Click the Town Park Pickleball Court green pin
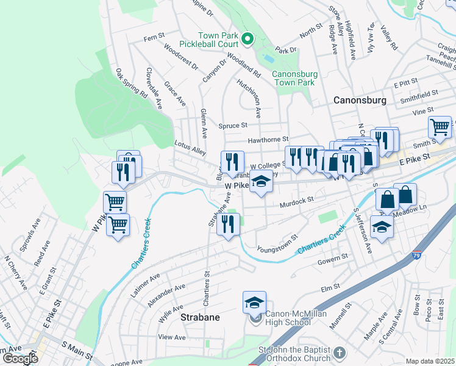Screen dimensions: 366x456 248,40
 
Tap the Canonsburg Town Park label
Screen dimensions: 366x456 293,78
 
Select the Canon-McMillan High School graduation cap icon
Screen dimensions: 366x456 255,301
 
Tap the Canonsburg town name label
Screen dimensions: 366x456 360,99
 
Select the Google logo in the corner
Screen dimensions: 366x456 20,358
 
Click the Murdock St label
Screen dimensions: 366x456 296,199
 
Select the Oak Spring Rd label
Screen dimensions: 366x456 131,84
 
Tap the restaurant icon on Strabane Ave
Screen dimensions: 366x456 229,224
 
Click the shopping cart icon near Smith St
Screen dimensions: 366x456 439,127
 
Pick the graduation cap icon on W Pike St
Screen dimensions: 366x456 261,182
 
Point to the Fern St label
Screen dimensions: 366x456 149,38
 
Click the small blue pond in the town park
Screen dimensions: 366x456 268,59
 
